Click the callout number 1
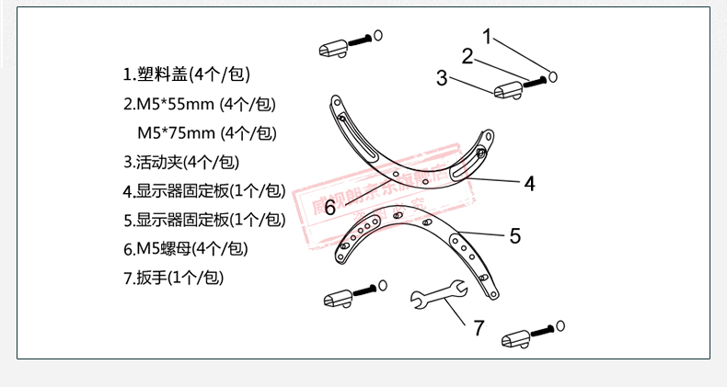pyautogui.click(x=488, y=39)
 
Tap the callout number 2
pyautogui.click(x=467, y=56)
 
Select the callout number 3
pyautogui.click(x=443, y=78)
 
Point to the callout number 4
pyautogui.click(x=529, y=183)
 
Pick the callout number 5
pyautogui.click(x=514, y=235)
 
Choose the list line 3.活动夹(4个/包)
pyautogui.click(x=180, y=162)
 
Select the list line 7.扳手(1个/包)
pyautogui.click(x=174, y=277)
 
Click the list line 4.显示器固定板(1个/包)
pyautogui.click(x=204, y=190)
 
